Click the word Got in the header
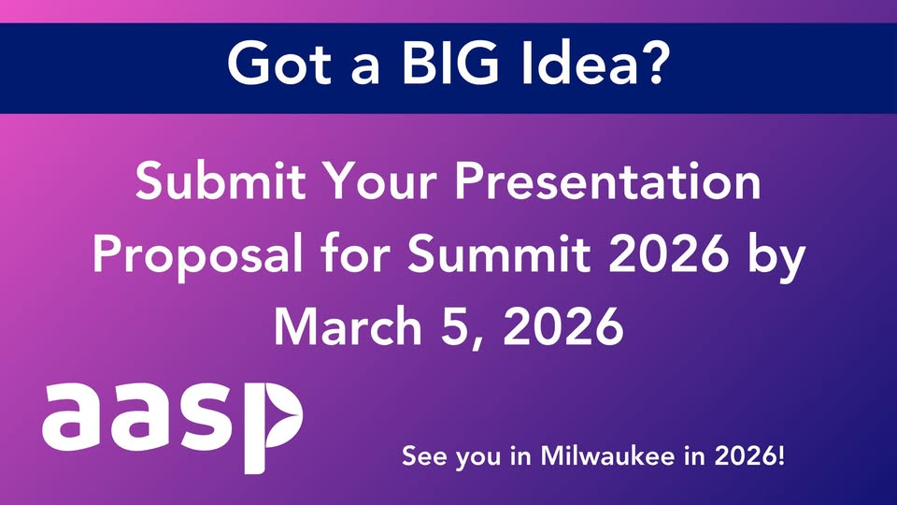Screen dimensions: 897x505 [x=279, y=64]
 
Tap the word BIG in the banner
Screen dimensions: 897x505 [x=449, y=64]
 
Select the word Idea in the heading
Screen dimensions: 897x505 [x=579, y=64]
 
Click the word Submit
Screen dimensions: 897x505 [x=221, y=180]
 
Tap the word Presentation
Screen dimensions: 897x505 [x=607, y=180]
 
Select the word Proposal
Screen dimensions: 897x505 [x=197, y=256]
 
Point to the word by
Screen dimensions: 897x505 [x=776, y=257]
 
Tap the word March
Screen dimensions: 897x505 [x=348, y=325]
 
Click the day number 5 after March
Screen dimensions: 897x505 [x=455, y=325]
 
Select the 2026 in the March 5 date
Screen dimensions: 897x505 [x=562, y=325]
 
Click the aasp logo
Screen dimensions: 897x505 [x=172, y=427]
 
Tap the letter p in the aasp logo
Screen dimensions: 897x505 [x=274, y=427]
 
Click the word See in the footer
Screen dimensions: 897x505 [x=424, y=456]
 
